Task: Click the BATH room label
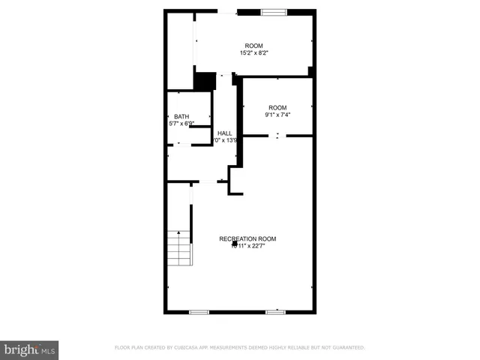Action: coord(181,116)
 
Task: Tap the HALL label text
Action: coord(224,133)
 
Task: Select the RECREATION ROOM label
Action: coord(247,238)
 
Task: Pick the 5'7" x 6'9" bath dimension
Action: coord(181,123)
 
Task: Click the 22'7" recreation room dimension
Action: coord(258,245)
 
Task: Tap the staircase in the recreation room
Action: coord(179,247)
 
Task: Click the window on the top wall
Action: coord(273,12)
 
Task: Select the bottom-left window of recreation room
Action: coord(199,311)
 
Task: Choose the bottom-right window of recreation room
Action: coord(275,311)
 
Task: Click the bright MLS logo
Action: coord(30,349)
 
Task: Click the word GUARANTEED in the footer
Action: coord(347,347)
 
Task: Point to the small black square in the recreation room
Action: coord(235,244)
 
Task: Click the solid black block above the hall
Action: coord(204,80)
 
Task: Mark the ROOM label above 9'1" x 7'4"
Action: coord(277,107)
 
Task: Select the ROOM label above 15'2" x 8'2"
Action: coord(254,46)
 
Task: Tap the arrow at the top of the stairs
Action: coord(179,233)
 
